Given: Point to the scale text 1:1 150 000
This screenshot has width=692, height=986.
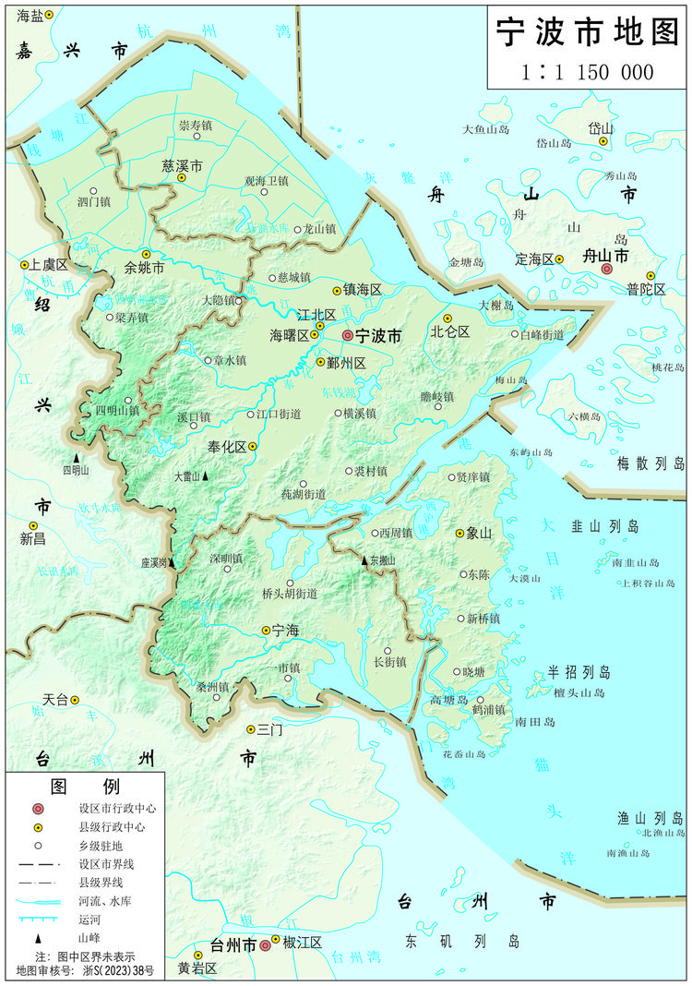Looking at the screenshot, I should click(x=587, y=72).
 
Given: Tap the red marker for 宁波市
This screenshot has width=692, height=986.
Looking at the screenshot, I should click(x=347, y=336).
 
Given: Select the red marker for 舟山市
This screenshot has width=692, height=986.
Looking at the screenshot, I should click(x=606, y=269).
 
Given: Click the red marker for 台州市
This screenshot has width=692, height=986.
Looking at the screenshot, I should click(x=265, y=944).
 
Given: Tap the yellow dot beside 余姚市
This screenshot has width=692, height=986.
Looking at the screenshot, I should click(x=146, y=254).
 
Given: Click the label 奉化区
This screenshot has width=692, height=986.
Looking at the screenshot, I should click(x=226, y=446).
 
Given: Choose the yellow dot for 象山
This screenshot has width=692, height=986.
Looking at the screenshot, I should click(x=459, y=534).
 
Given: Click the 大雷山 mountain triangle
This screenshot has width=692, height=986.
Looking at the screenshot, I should click(x=205, y=476).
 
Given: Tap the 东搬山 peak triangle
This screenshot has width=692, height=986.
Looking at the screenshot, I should click(x=364, y=559).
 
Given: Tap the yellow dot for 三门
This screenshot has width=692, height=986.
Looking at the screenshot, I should click(x=250, y=729).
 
